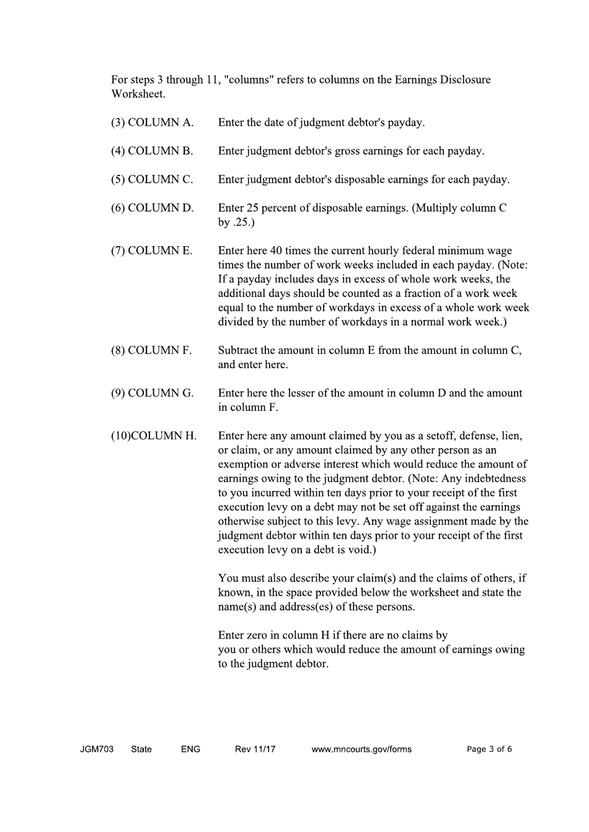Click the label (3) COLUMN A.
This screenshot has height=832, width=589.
pyautogui.click(x=153, y=123)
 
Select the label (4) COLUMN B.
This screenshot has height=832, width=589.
pyautogui.click(x=152, y=151)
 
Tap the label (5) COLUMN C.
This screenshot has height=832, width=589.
pyautogui.click(x=152, y=180)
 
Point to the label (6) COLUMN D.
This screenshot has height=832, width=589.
pyautogui.click(x=153, y=208)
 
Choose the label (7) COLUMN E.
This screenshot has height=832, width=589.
pyautogui.click(x=152, y=251)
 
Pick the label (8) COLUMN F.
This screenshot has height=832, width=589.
pyautogui.click(x=151, y=350)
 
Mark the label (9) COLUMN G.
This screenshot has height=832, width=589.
pyautogui.click(x=153, y=393)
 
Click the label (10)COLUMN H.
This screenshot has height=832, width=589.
pyautogui.click(x=154, y=436)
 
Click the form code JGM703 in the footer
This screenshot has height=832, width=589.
pyautogui.click(x=97, y=749)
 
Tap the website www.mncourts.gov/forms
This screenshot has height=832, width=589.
pyautogui.click(x=361, y=749)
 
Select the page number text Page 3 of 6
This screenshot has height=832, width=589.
pyautogui.click(x=489, y=749)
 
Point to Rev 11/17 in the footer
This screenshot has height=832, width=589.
pyautogui.click(x=255, y=749)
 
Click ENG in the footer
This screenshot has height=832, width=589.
pyautogui.click(x=190, y=749)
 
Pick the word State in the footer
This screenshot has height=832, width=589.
pyautogui.click(x=141, y=749)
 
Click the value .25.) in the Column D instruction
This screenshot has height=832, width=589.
pyautogui.click(x=244, y=223)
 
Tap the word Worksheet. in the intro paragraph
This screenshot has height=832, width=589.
pyautogui.click(x=138, y=94)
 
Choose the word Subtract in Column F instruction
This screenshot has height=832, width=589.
pyautogui.click(x=239, y=350)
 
